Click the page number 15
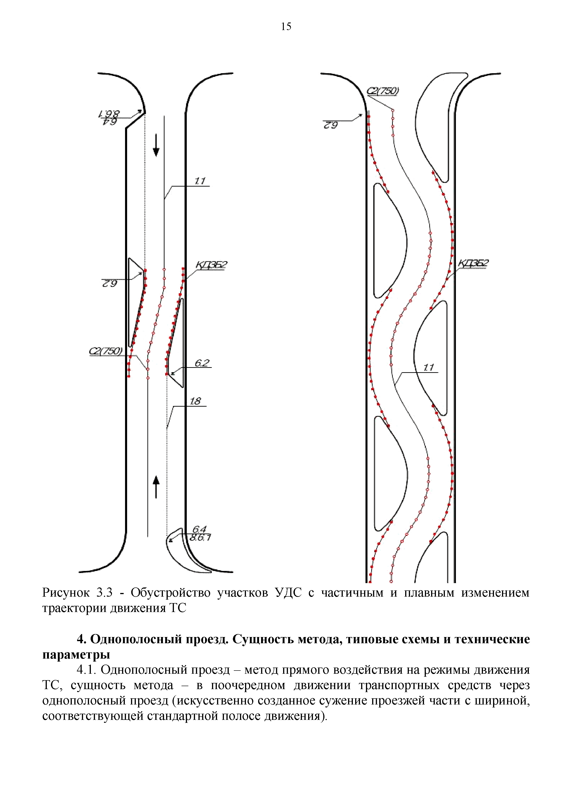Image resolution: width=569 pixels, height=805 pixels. [286, 27]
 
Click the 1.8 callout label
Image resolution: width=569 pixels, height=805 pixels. [195, 401]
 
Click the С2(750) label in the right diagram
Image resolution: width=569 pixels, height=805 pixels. [382, 91]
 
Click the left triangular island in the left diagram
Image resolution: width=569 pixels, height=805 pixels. [135, 298]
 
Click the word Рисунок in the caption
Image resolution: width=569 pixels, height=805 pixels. [66, 593]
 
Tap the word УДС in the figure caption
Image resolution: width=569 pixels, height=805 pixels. [288, 593]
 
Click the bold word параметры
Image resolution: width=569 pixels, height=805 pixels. [76, 655]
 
